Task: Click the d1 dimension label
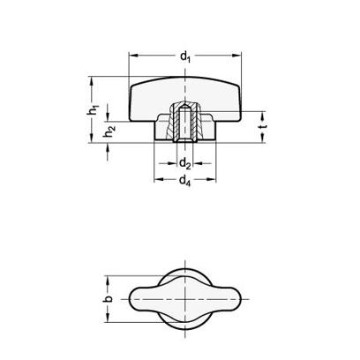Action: coord(185,56)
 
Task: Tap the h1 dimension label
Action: coord(93,109)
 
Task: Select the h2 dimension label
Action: coord(109,131)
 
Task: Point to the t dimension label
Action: coord(263,126)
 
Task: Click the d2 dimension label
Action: coord(185,163)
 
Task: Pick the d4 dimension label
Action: coord(185,180)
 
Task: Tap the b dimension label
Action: coord(109,299)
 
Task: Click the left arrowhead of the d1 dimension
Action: coord(133,55)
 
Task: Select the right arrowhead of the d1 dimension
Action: coord(236,55)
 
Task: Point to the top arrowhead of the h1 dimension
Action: coord(93,81)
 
